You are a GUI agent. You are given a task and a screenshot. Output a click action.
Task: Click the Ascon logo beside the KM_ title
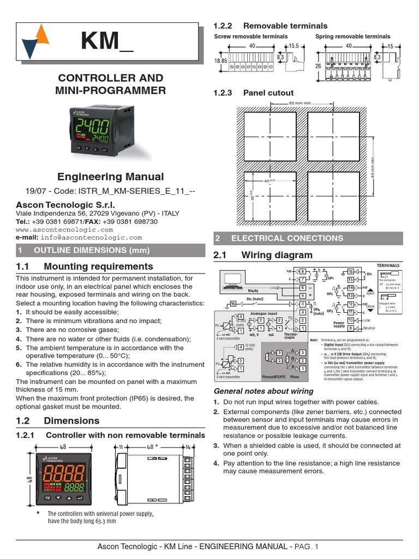pos(35,42)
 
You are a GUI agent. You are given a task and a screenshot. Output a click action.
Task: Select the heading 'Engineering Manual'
pos(110,176)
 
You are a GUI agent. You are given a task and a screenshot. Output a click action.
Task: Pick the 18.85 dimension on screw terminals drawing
pos(220,62)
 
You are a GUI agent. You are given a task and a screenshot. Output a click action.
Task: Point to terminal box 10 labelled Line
pos(350,320)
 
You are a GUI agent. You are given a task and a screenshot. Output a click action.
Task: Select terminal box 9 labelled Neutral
pos(350,328)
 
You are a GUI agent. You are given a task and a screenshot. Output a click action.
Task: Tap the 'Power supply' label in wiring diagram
pos(339,324)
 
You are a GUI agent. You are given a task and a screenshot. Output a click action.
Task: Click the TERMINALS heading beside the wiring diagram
pos(388,265)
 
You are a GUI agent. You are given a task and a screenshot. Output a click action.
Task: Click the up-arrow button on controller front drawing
pos(69,498)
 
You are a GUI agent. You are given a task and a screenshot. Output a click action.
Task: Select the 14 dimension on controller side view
pos(187,447)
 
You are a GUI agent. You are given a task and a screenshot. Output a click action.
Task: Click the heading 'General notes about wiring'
pos(264,391)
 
